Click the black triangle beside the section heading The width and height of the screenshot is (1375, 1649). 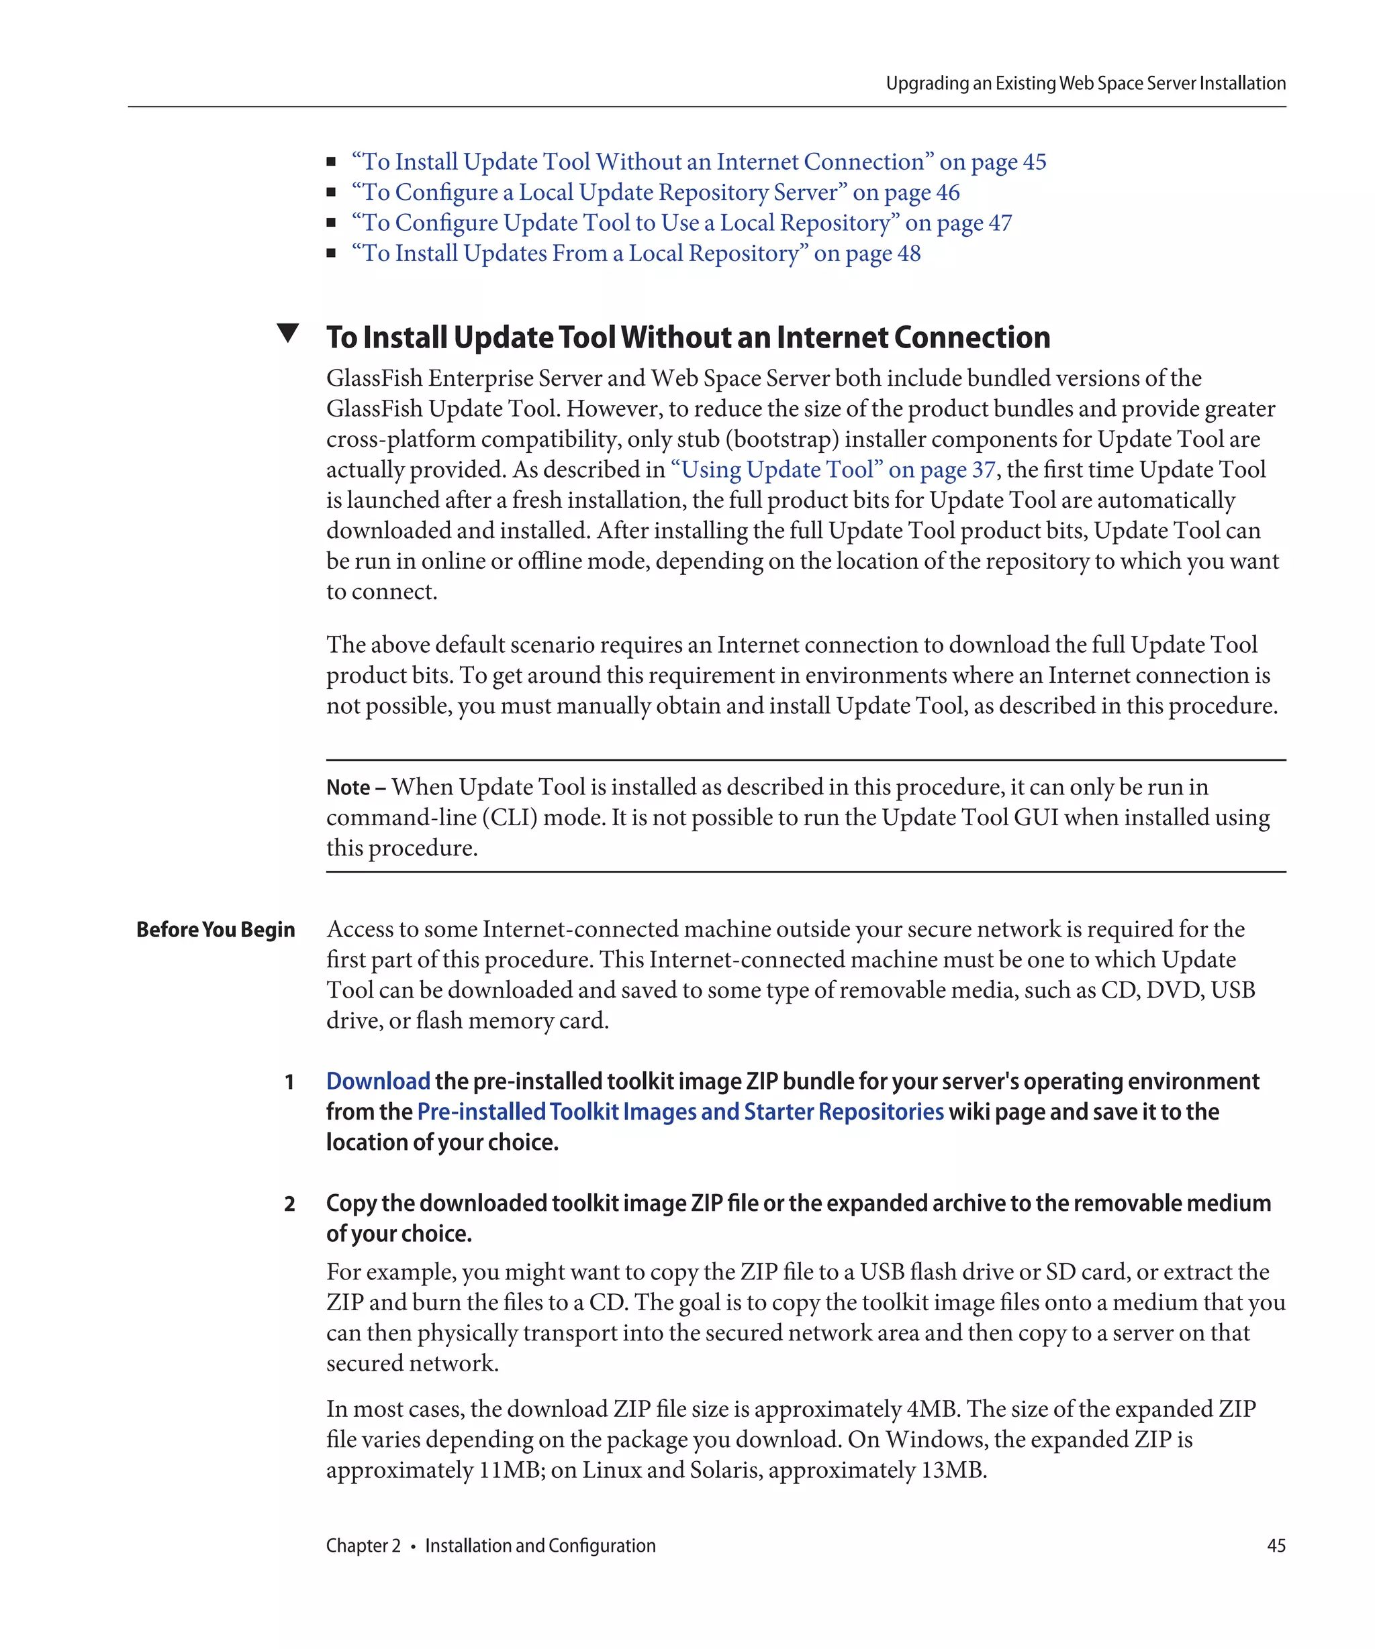(x=287, y=333)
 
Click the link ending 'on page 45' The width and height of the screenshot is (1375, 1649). (x=698, y=162)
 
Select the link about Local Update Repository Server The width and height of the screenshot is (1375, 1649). (x=655, y=193)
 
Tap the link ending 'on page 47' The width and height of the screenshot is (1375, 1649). (x=681, y=223)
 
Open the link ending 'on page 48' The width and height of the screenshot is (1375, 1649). (x=636, y=254)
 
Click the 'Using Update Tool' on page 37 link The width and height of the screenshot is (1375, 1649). (x=832, y=470)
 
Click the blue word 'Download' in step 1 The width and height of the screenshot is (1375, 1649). (x=378, y=1081)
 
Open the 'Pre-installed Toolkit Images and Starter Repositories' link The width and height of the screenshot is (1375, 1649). (x=679, y=1112)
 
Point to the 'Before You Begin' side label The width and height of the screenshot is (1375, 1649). (x=216, y=930)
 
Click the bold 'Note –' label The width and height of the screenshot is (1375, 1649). (x=355, y=788)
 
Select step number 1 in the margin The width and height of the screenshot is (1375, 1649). (x=289, y=1082)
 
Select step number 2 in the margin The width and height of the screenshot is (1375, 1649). (x=289, y=1204)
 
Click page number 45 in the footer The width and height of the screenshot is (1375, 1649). (x=1276, y=1545)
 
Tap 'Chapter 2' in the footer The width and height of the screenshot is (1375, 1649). (x=363, y=1545)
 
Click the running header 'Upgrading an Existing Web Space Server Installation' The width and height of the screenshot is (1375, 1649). (x=1085, y=83)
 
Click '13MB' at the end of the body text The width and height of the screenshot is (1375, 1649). (x=952, y=1470)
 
